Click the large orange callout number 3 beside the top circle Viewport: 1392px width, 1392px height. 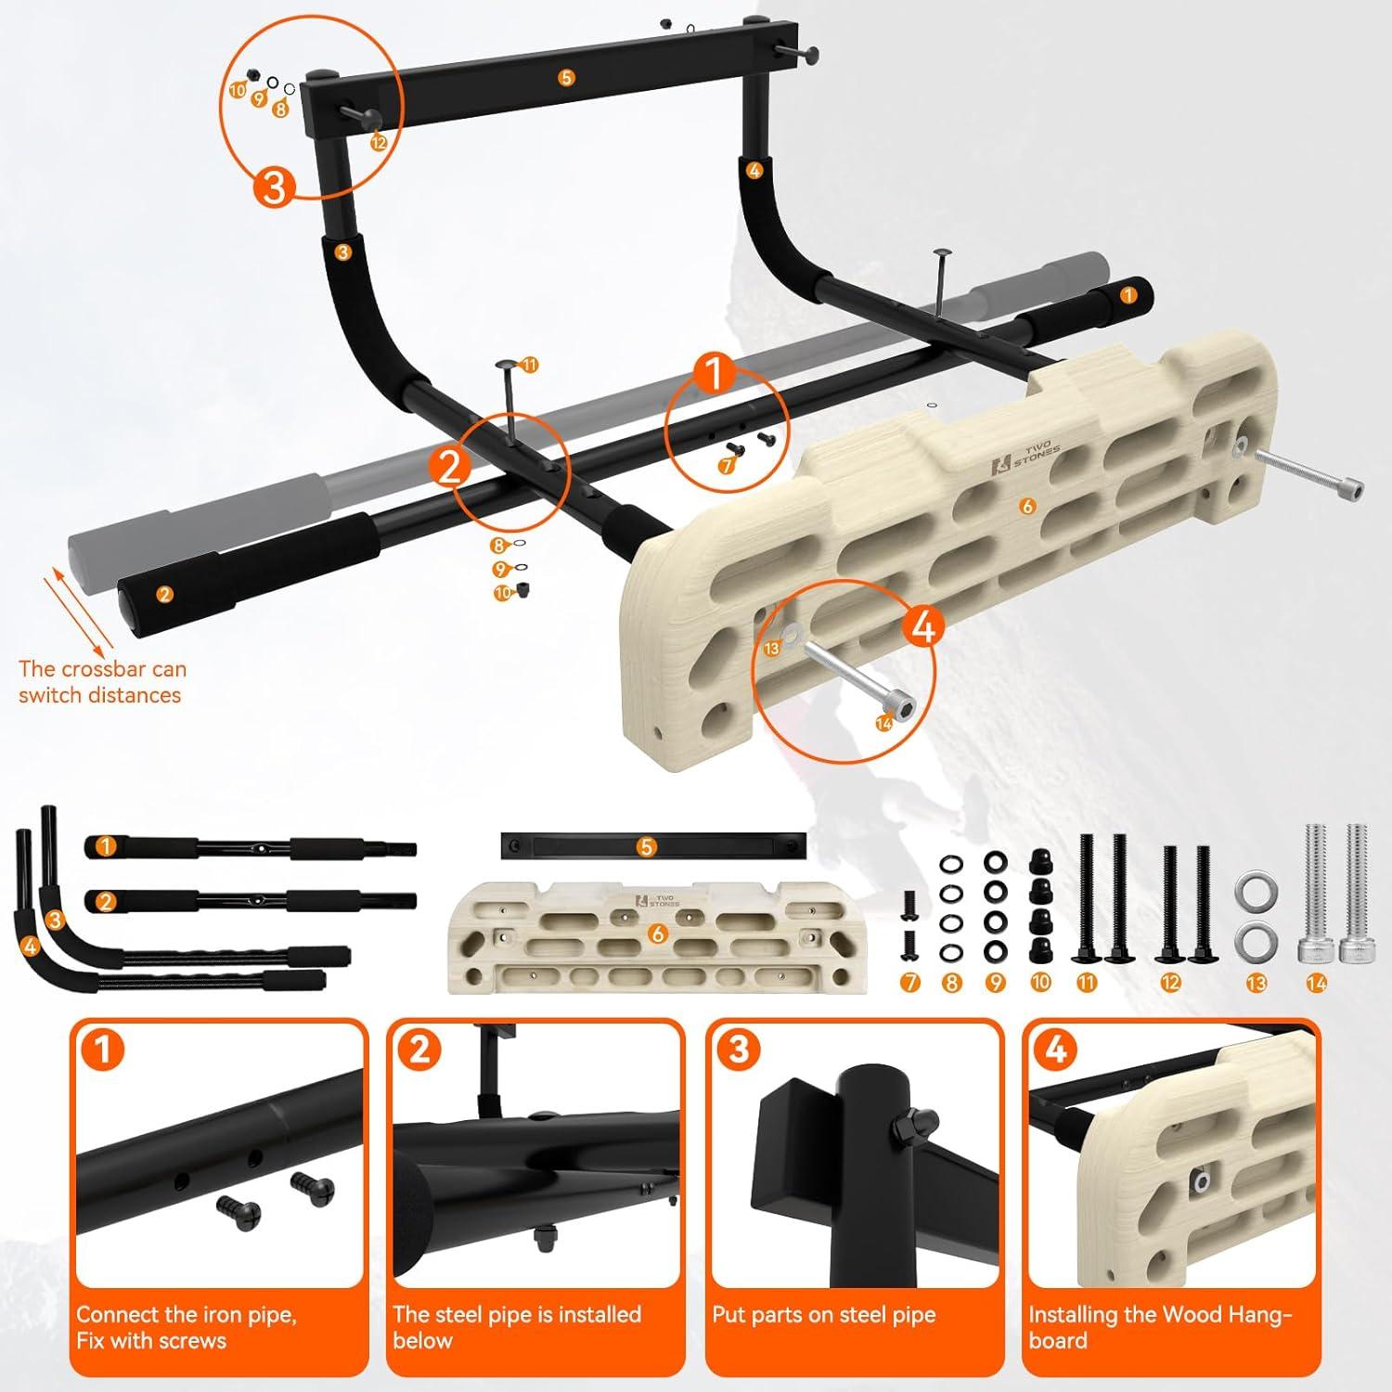tap(275, 187)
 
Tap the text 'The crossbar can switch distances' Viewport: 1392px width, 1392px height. tap(101, 682)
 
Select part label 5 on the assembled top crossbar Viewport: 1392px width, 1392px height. tap(567, 78)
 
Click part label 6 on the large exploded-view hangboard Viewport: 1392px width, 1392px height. tap(1026, 506)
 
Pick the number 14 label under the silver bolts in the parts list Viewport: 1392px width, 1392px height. tap(1315, 984)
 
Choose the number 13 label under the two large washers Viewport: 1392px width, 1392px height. tap(1256, 983)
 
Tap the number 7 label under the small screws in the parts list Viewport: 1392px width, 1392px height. tap(910, 983)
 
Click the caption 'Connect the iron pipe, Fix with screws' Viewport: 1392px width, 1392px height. tap(186, 1328)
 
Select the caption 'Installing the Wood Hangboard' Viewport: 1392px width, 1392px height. tap(1160, 1328)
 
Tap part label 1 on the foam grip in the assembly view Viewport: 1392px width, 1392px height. tap(1128, 295)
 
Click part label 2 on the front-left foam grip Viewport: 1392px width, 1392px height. tap(164, 595)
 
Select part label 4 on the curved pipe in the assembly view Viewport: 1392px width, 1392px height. tap(754, 171)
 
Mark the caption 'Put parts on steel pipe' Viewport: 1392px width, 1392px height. tap(824, 1315)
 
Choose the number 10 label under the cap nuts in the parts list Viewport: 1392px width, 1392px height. tap(1040, 983)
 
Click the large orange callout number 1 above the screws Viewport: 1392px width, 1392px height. tap(715, 375)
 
